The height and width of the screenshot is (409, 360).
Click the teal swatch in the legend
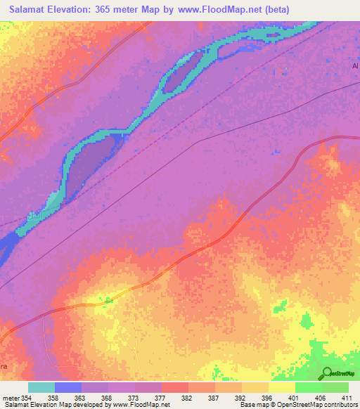tap(41, 387)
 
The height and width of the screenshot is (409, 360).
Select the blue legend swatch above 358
tap(68, 387)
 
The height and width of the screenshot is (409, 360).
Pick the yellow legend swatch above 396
tap(255, 387)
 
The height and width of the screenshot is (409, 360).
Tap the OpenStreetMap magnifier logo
tap(326, 374)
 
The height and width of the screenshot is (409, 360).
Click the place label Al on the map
tap(355, 66)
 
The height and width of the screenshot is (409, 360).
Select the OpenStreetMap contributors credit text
tap(313, 405)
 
